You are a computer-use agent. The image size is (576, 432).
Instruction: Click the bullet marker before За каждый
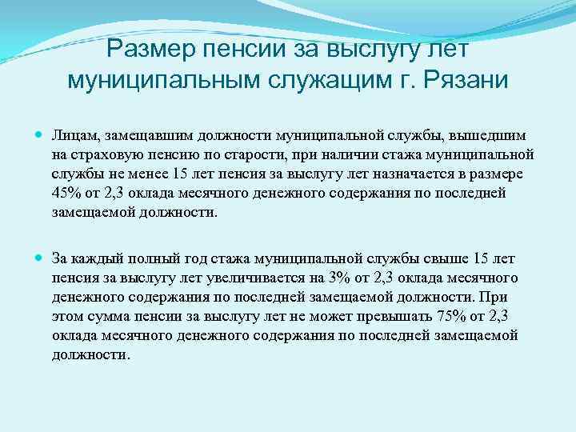[39, 258]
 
